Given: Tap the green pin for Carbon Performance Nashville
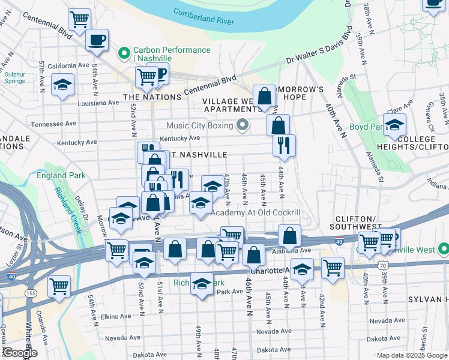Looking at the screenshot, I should pyautogui.click(x=124, y=53).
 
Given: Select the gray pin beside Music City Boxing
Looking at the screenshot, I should pyautogui.click(x=243, y=125).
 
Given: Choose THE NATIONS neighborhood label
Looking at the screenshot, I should pyautogui.click(x=152, y=97).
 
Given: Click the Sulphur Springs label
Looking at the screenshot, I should pyautogui.click(x=15, y=76).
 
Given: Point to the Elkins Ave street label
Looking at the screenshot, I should pyautogui.click(x=116, y=316).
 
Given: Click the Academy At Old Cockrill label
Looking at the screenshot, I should pyautogui.click(x=255, y=213).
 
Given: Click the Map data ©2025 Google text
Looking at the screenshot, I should pyautogui.click(x=411, y=355).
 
